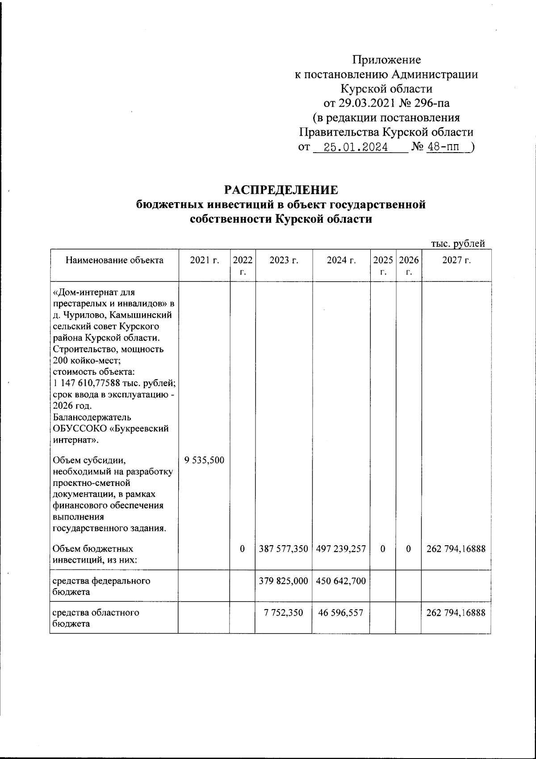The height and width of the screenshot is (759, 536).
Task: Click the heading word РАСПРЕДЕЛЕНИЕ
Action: (x=281, y=190)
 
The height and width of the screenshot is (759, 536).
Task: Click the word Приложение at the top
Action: (x=386, y=60)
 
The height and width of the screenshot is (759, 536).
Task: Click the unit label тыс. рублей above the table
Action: (x=458, y=244)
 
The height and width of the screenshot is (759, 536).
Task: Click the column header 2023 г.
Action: (x=284, y=261)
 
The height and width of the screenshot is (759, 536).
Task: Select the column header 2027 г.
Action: (x=456, y=261)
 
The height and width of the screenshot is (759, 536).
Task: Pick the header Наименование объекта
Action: (x=114, y=260)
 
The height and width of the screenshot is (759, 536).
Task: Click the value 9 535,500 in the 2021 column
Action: (x=204, y=460)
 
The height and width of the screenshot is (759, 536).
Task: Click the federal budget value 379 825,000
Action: (x=284, y=581)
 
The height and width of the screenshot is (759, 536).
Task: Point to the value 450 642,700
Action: (x=341, y=581)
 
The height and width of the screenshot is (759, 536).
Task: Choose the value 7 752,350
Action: (x=284, y=613)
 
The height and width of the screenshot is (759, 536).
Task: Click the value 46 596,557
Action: (x=341, y=613)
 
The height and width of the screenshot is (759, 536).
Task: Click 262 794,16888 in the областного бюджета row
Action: (x=456, y=613)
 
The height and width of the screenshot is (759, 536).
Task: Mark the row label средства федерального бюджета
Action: (x=101, y=586)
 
